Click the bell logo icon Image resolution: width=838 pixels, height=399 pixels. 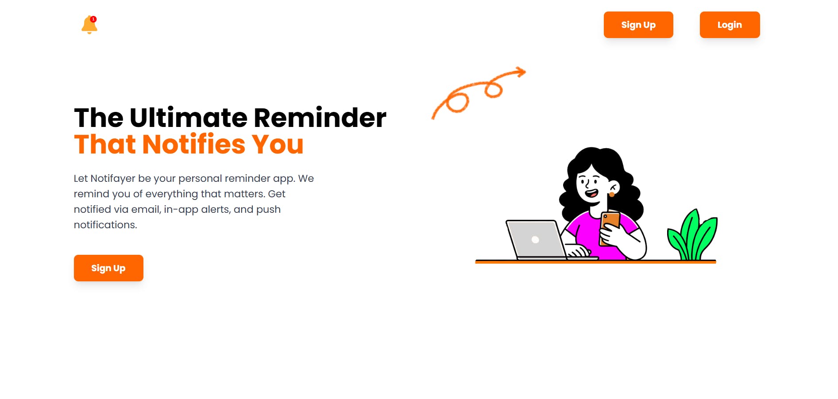(89, 25)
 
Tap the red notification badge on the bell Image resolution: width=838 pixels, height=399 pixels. (93, 19)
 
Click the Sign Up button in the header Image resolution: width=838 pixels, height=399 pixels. (638, 25)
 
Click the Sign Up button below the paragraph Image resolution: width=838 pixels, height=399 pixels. (108, 268)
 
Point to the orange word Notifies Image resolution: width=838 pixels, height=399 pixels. (193, 144)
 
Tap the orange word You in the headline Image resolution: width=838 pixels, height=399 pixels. (278, 144)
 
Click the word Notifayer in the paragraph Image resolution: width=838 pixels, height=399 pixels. (113, 179)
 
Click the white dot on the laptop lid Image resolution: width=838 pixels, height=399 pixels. (535, 240)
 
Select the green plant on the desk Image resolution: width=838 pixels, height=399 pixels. (692, 235)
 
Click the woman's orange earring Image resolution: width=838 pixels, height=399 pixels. (612, 194)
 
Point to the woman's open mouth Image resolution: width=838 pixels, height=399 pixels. (591, 193)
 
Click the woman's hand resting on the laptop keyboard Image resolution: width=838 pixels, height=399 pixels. (577, 251)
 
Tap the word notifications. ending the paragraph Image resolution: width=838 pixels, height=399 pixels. (105, 225)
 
